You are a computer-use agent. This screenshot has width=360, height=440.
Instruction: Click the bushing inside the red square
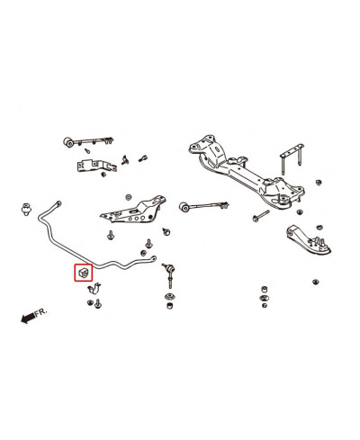[x=81, y=271]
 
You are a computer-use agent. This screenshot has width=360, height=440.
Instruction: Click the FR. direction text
[x=39, y=314]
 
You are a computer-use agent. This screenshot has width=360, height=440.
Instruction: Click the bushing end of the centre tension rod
[x=184, y=207]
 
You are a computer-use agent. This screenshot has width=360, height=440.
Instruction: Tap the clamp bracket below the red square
[x=95, y=290]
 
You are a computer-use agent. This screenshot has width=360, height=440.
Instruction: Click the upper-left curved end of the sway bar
[x=43, y=221]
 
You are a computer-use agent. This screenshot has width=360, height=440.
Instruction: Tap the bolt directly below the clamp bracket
[x=95, y=306]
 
